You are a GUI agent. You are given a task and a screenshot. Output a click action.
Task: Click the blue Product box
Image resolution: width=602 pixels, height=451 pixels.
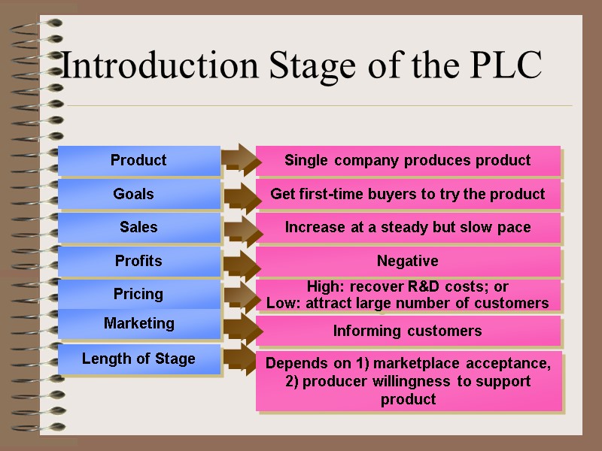[x=138, y=160]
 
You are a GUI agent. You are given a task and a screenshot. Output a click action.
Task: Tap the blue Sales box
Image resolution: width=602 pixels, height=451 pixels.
[x=138, y=227]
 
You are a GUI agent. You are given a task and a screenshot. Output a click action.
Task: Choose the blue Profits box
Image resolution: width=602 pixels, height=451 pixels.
[x=138, y=261]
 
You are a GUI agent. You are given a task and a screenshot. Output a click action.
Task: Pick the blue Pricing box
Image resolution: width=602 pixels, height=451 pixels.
[x=138, y=294]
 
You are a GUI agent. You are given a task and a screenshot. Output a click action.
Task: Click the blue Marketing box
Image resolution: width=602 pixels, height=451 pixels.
[x=138, y=323]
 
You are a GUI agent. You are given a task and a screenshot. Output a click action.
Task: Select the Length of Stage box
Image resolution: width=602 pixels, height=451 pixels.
[x=138, y=359]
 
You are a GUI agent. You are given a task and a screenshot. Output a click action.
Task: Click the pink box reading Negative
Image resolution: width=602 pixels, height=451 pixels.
[x=407, y=262]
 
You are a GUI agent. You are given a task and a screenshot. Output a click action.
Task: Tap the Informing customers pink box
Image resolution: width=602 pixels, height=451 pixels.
[x=407, y=331]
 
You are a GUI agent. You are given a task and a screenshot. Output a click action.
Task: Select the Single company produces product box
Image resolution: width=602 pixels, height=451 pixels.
[x=407, y=160]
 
